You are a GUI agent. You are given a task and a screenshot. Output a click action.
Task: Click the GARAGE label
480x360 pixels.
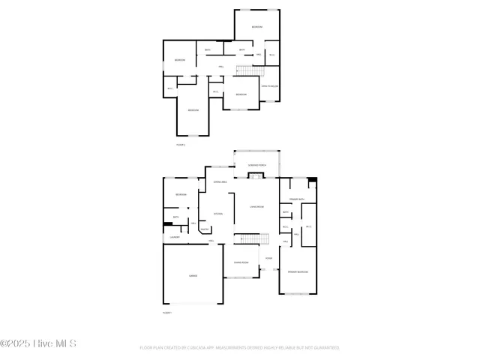193,276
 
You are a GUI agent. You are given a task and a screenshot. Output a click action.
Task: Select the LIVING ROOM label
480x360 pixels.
256,205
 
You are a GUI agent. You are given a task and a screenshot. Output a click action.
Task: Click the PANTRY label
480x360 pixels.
204,230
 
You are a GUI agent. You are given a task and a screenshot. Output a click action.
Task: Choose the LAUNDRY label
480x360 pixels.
174,237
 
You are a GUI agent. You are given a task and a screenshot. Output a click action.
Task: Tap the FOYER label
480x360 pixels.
268,258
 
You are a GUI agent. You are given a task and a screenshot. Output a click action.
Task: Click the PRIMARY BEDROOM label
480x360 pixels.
298,271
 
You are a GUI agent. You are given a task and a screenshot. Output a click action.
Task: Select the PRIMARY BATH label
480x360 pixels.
298,199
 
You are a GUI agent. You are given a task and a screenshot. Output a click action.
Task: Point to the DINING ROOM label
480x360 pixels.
241,262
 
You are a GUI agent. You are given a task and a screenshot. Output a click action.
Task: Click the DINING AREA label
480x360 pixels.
220,182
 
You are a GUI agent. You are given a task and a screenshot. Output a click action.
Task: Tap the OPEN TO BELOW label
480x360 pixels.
270,87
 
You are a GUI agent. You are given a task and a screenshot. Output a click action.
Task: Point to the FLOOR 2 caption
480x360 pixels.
181,144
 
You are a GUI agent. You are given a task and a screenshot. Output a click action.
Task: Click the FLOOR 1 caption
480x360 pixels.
167,312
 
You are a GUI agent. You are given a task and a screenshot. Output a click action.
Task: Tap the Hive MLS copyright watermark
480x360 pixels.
38,343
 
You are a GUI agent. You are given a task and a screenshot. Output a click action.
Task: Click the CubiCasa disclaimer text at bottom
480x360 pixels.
239,348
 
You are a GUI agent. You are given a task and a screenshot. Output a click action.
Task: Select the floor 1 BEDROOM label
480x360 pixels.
181,195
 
